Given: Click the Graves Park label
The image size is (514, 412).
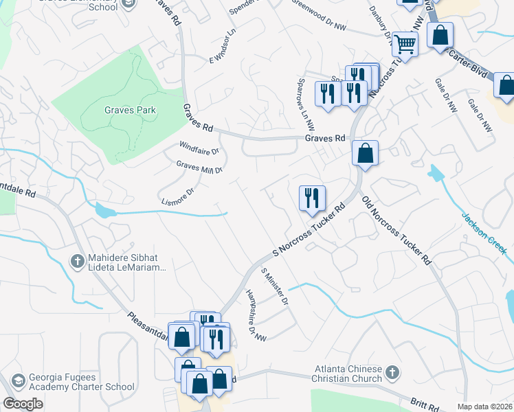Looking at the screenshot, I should tap(130, 110).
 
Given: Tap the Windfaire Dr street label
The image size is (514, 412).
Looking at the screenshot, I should tap(199, 148).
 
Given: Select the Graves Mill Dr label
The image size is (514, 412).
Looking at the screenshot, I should tap(199, 167).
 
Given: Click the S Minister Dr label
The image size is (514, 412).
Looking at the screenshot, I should tap(274, 286).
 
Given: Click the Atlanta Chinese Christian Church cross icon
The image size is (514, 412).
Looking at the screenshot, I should tap(392, 373).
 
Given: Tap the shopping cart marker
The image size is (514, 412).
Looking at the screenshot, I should tap(405, 45).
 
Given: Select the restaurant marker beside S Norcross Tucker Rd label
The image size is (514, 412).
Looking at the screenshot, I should tap(312, 198).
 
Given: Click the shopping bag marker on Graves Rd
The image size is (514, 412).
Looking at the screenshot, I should tap(366, 154).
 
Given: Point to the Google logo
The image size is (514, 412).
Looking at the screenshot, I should tap(23, 404).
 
